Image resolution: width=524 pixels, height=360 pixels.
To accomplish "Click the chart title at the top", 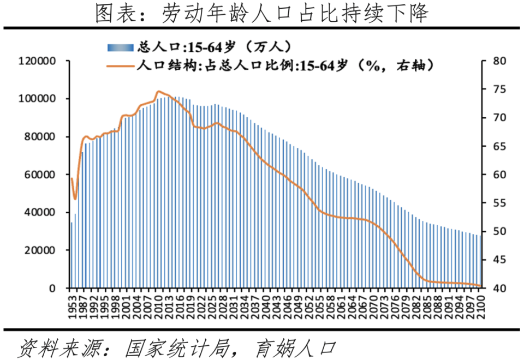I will (x=261, y=13).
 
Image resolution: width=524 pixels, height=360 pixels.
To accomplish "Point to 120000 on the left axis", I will (x=37, y=61).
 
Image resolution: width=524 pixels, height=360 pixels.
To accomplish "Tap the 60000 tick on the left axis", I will (x=40, y=175).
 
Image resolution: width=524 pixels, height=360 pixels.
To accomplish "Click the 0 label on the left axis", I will (x=52, y=288).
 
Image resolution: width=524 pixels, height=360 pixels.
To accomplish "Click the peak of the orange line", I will (x=158, y=92).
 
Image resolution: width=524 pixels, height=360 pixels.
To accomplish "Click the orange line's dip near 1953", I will (x=75, y=199).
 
